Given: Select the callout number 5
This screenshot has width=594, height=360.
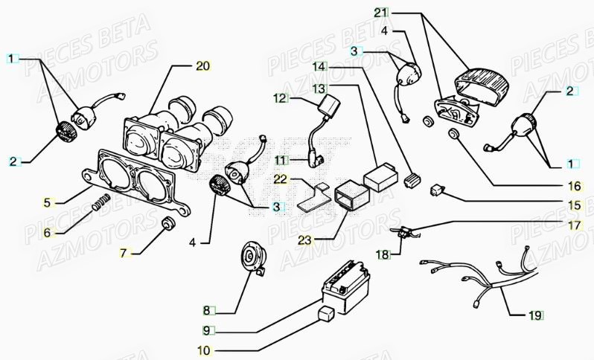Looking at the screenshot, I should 46,202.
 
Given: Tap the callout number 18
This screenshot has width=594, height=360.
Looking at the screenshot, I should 382,255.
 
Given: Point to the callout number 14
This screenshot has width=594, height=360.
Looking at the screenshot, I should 319,67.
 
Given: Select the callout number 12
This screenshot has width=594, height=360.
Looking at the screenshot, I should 279,97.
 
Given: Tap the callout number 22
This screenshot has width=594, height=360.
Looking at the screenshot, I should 279,179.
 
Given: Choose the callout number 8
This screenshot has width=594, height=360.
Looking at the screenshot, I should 207,309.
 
